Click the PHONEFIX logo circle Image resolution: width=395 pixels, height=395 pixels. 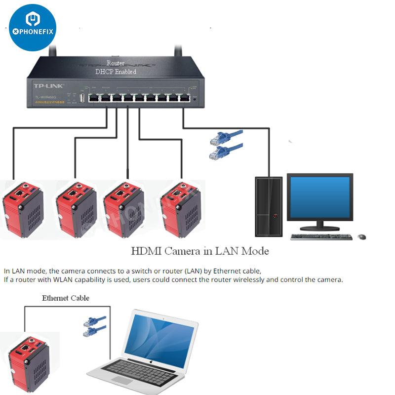(33, 28)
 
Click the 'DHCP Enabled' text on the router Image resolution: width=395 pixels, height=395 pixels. (116, 72)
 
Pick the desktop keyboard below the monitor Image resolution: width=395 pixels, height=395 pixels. (321, 237)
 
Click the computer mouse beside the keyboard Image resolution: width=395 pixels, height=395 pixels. (362, 237)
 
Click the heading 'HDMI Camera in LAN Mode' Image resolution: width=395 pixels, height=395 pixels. (200, 251)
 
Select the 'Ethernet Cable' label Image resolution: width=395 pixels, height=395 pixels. (66, 298)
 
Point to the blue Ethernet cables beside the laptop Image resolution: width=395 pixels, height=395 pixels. (94, 326)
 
